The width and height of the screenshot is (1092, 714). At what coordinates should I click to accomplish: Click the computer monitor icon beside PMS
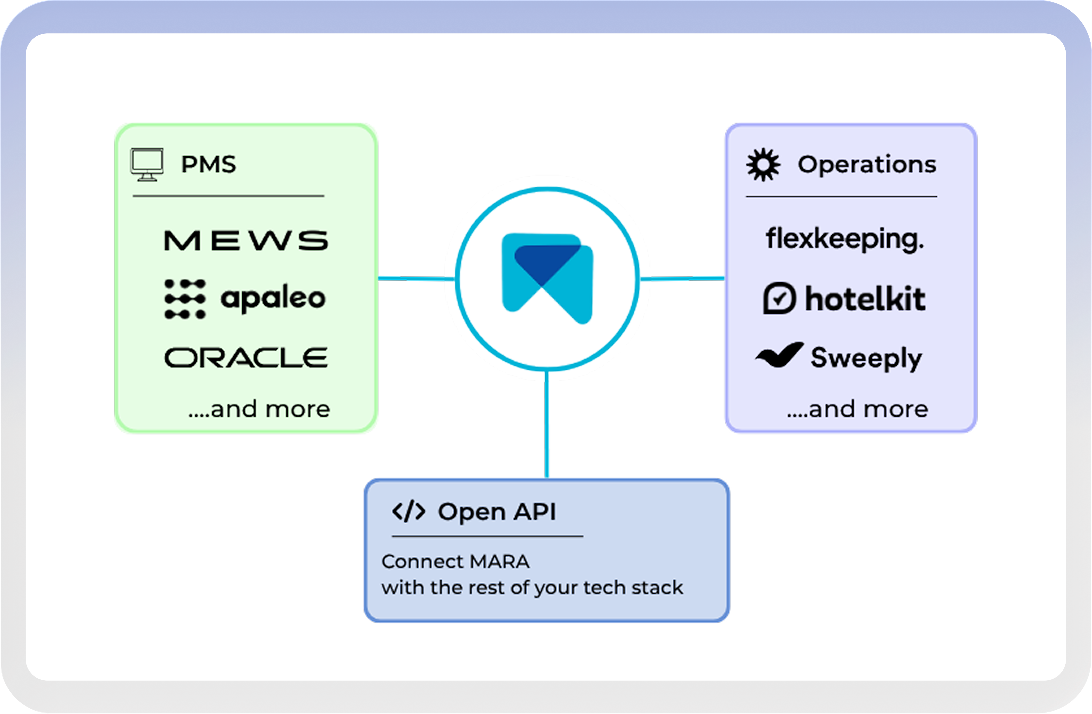tap(147, 165)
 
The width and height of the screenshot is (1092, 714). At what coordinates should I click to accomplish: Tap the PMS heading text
tap(209, 164)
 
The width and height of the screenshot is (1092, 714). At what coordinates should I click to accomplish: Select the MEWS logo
tap(246, 241)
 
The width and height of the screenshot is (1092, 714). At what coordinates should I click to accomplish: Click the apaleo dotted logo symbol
tap(185, 299)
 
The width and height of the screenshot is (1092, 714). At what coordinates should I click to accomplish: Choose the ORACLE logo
tap(246, 358)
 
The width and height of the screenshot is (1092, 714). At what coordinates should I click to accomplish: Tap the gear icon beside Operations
tap(763, 165)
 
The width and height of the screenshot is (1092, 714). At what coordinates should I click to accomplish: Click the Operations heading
tap(867, 164)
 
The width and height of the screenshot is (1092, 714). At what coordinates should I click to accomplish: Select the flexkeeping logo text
tap(845, 239)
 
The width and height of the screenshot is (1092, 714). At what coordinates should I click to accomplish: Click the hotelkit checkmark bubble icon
tap(779, 298)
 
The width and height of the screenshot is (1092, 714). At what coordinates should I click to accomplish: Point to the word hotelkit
tap(865, 298)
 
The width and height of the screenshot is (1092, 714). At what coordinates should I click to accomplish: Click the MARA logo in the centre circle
tap(547, 279)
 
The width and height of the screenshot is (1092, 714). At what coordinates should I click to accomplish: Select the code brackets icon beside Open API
tap(408, 512)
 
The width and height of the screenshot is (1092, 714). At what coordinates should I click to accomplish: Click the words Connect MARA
tap(456, 562)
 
